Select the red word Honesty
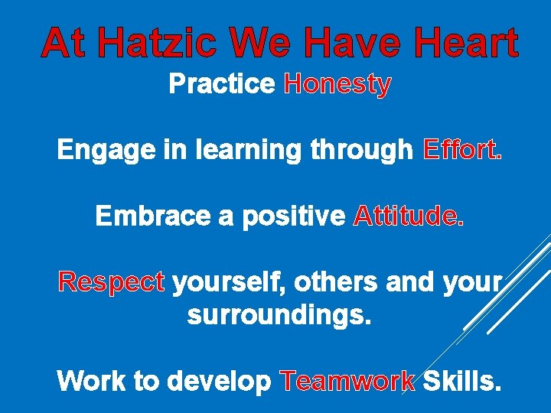coord(337,84)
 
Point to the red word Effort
coord(462,151)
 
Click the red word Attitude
coord(408,217)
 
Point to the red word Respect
coord(112,283)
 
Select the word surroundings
coord(279,315)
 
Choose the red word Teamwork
coord(348,380)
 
